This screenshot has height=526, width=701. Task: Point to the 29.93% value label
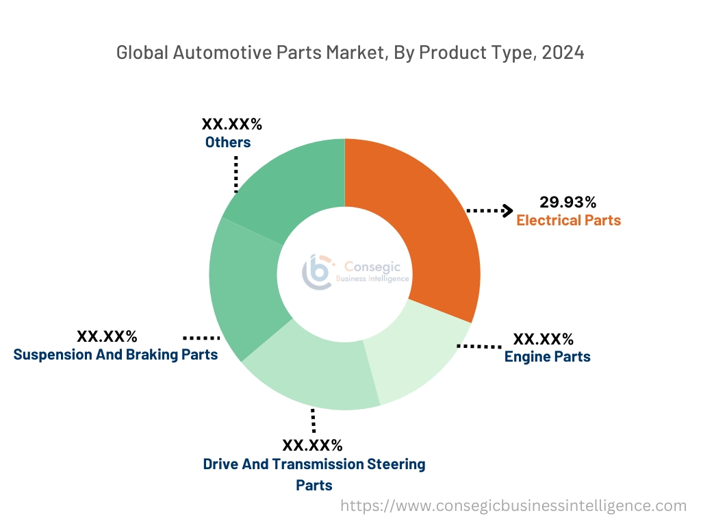pyautogui.click(x=568, y=202)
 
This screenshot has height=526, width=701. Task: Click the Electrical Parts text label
pyautogui.click(x=568, y=221)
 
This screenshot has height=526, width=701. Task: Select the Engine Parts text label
pyautogui.click(x=547, y=357)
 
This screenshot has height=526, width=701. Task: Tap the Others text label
pyautogui.click(x=228, y=142)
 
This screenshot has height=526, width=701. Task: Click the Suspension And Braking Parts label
pyautogui.click(x=116, y=355)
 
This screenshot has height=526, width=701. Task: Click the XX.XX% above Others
pyautogui.click(x=231, y=125)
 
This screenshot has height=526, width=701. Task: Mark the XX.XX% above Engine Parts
pyautogui.click(x=544, y=339)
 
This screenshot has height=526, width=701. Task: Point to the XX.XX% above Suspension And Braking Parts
pyautogui.click(x=107, y=337)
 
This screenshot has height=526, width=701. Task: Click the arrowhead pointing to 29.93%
pyautogui.click(x=507, y=210)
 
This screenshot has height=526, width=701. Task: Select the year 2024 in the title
pyautogui.click(x=563, y=53)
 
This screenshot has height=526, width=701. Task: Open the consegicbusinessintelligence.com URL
pyautogui.click(x=513, y=506)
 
